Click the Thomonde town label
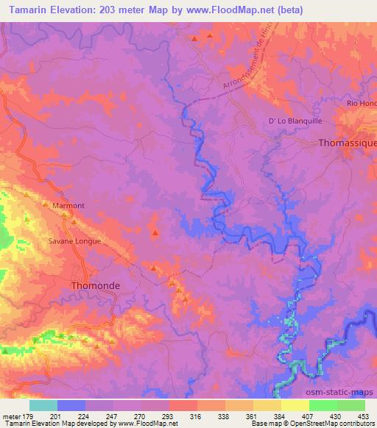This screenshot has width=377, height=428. point(94,285)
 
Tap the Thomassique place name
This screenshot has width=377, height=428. point(347,144)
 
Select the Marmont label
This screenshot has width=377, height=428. point(68,206)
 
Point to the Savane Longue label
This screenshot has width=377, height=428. point(74,240)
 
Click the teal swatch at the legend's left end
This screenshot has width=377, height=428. point(43,404)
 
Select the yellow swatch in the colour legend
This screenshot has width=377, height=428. point(295,404)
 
